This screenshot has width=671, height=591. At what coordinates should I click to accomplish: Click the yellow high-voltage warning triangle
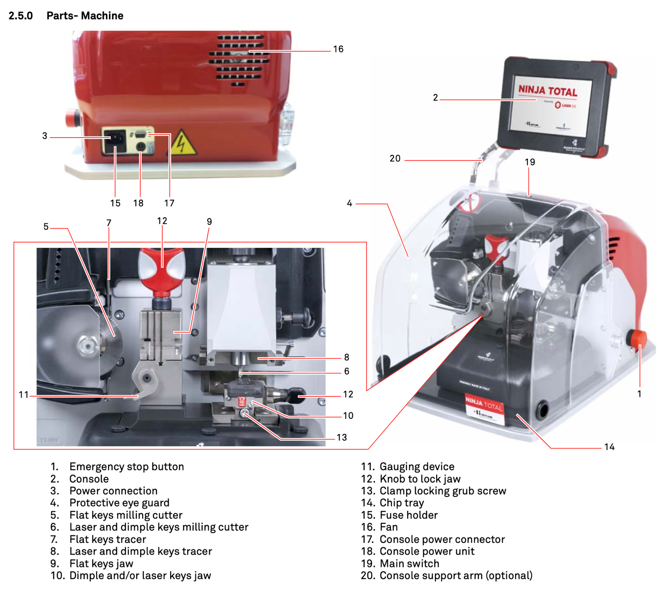(x=183, y=143)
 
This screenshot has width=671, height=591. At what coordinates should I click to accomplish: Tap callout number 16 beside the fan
(x=338, y=49)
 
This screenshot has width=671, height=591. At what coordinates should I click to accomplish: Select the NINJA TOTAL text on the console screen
(x=548, y=90)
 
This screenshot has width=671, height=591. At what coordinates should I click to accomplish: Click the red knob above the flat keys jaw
(x=162, y=270)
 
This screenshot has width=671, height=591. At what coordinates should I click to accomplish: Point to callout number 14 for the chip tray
(x=609, y=447)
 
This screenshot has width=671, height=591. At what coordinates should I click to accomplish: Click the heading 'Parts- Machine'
(x=85, y=16)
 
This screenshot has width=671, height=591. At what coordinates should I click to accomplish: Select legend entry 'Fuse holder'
(x=408, y=515)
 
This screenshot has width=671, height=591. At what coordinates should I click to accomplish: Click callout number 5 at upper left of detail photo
(x=46, y=227)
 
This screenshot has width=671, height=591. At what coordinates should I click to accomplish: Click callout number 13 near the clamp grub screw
(x=342, y=437)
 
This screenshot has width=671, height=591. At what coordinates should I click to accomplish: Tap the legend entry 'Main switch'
(x=409, y=564)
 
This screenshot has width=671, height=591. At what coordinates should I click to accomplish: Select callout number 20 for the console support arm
(x=395, y=158)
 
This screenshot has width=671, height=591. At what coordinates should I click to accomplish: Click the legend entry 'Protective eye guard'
(x=119, y=503)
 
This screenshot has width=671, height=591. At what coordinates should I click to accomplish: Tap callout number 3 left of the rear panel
(x=45, y=136)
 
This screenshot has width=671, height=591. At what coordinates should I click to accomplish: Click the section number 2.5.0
(x=21, y=16)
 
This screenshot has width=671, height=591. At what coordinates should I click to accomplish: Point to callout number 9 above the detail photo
(x=209, y=222)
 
